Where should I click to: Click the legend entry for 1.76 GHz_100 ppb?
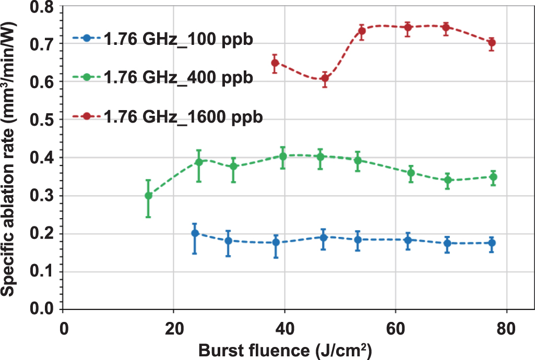point(177,40)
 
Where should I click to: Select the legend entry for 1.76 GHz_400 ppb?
point(177,77)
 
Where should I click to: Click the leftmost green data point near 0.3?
point(148,196)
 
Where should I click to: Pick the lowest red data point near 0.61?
point(325,79)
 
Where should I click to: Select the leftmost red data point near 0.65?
point(275,63)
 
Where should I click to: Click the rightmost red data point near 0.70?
point(491,43)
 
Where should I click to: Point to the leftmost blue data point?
point(195,233)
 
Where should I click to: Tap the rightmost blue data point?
point(491,243)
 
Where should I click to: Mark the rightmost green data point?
point(493,177)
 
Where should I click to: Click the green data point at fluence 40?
point(283,156)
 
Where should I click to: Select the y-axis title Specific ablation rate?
point(10,157)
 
